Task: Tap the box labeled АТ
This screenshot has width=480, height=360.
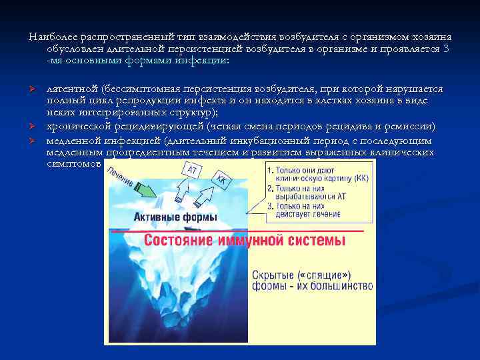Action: (x=192, y=171)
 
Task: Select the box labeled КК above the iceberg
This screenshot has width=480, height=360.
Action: (x=221, y=179)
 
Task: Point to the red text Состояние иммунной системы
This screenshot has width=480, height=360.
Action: (x=245, y=240)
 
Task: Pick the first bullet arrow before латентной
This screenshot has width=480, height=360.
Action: (x=32, y=89)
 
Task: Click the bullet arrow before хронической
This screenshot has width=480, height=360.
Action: (x=32, y=127)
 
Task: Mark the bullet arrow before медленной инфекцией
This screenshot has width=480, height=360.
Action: (x=32, y=141)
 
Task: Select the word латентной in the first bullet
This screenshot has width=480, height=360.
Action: (x=70, y=89)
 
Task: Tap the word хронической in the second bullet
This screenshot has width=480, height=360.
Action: (x=75, y=127)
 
